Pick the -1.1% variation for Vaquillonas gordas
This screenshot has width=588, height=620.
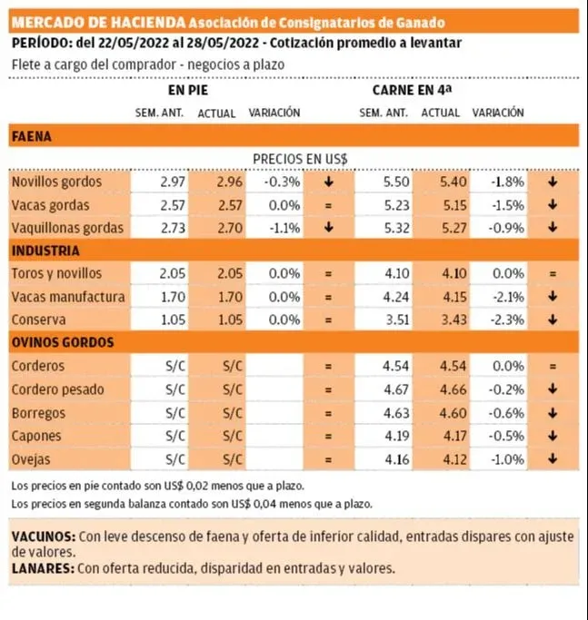(284, 228)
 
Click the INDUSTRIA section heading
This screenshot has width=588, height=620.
(45, 251)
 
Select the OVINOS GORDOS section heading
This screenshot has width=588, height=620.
(63, 342)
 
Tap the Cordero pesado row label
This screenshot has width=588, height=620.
(58, 389)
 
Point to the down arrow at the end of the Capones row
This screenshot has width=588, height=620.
(552, 436)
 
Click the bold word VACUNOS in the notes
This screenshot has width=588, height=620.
(43, 536)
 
